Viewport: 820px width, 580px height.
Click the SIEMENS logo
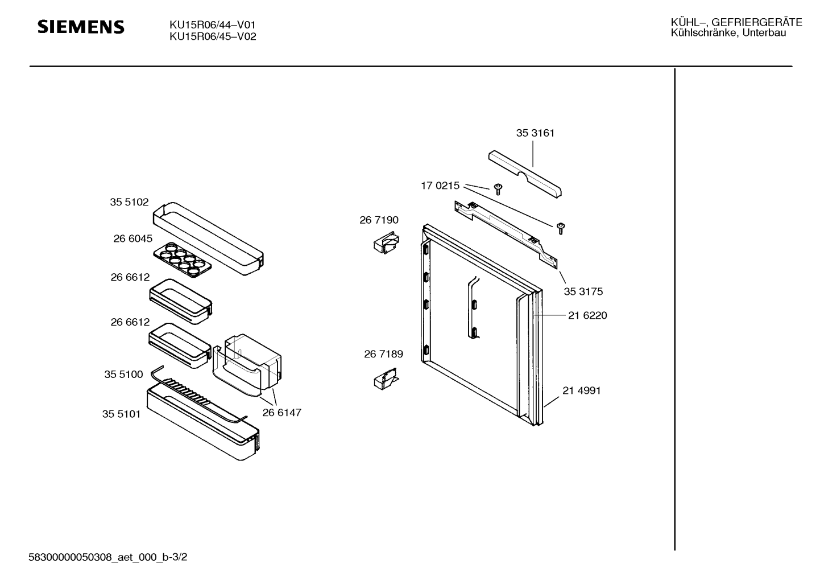pos(81,27)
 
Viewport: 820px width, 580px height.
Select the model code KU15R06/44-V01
pos(212,25)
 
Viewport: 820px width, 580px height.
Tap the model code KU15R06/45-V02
pos(213,36)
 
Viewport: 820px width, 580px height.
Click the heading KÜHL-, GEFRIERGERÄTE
pos(736,22)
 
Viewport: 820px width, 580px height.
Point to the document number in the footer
pos(108,557)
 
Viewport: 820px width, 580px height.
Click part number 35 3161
pos(535,133)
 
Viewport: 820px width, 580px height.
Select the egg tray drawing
pos(183,258)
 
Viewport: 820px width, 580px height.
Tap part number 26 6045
pos(133,238)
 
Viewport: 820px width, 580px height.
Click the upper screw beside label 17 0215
pos(498,189)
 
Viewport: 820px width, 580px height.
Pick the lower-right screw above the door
pos(561,228)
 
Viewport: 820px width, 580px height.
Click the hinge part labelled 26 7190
pos(386,242)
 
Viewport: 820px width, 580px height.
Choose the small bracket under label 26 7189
pos(386,379)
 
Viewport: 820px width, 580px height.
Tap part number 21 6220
pos(587,315)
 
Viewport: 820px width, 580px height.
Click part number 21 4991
pos(582,390)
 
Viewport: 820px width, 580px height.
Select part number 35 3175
pos(583,291)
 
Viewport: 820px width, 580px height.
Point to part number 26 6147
pos(282,413)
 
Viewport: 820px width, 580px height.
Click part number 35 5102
pos(129,202)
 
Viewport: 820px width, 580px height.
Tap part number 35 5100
pos(124,375)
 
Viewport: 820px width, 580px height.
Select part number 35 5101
pos(122,414)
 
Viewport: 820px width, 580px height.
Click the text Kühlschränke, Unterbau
pos(728,33)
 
